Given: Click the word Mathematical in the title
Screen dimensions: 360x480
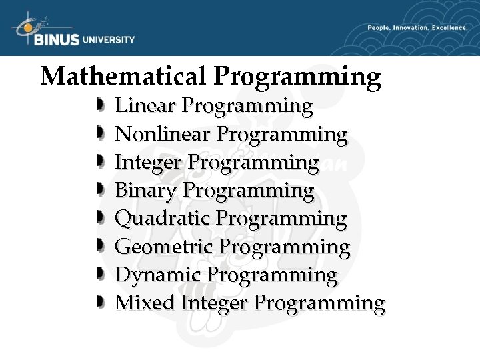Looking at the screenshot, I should (123, 76).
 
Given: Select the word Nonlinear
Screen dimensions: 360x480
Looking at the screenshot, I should (163, 134).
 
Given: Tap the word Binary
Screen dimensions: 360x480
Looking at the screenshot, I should (146, 191).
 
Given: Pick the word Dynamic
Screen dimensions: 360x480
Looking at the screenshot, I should (158, 275).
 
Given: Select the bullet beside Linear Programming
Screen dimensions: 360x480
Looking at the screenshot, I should (99, 106).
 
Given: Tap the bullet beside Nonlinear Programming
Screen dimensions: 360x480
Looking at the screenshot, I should (99, 134).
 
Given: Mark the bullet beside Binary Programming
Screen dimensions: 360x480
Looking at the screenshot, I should (99, 191).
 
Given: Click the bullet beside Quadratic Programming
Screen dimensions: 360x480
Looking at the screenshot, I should (99, 219).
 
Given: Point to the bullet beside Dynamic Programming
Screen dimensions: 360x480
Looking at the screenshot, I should (99, 275).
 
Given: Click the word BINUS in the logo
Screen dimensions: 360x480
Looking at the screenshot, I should (56, 39).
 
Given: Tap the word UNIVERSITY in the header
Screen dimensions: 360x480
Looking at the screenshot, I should (108, 39).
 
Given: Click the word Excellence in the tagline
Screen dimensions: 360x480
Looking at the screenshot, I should (450, 28).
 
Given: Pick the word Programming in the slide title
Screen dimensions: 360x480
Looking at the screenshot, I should (297, 77).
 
